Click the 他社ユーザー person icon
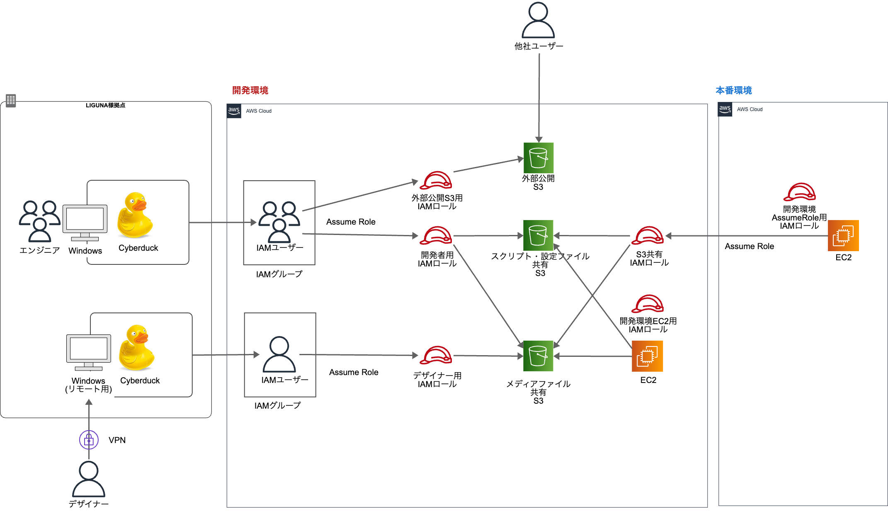pyautogui.click(x=538, y=20)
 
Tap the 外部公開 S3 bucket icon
pyautogui.click(x=538, y=158)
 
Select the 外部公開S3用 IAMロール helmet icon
pyautogui.click(x=436, y=181)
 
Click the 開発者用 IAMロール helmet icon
pyautogui.click(x=436, y=236)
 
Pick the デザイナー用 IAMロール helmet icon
pyautogui.click(x=436, y=356)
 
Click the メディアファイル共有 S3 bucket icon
pyautogui.click(x=538, y=356)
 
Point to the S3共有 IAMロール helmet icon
pyautogui.click(x=648, y=236)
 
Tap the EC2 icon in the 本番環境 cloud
pyautogui.click(x=843, y=235)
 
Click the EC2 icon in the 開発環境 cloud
pyautogui.click(x=647, y=356)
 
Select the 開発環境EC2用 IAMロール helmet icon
pyautogui.click(x=648, y=304)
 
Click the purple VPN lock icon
pyautogui.click(x=89, y=440)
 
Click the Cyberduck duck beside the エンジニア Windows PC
pyautogui.click(x=135, y=216)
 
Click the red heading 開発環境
pyautogui.click(x=250, y=90)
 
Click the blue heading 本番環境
pyautogui.click(x=733, y=90)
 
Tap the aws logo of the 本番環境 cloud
pyautogui.click(x=725, y=109)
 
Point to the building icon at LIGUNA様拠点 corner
pyautogui.click(x=11, y=100)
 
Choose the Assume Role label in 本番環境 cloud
pyautogui.click(x=749, y=246)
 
